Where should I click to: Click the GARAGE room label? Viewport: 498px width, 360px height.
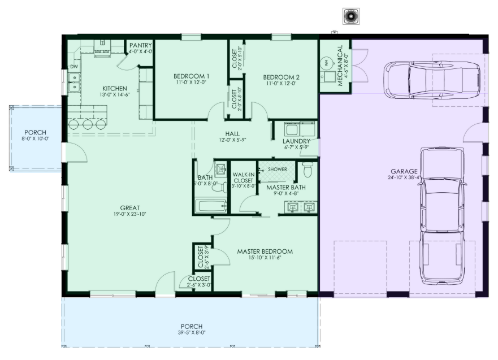pos(404,171)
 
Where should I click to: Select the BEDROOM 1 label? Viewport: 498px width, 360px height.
pos(192,76)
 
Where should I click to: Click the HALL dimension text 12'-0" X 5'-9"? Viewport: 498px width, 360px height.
pos(232,140)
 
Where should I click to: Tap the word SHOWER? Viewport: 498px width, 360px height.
pos(277,169)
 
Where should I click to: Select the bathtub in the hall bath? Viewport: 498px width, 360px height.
pos(211,206)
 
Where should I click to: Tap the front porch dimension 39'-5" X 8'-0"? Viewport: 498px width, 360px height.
pos(191,333)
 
